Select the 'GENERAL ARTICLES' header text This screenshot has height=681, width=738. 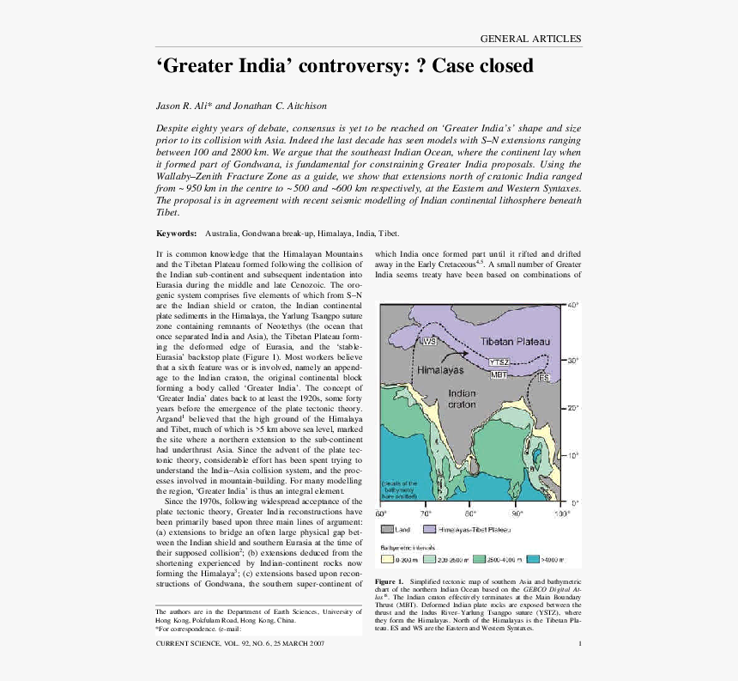coord(530,39)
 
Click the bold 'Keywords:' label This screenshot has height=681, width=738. coord(176,234)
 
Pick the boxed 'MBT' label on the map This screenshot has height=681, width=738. coord(499,374)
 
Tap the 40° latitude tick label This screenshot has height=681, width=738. coord(573,305)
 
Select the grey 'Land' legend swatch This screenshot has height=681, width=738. coord(387,530)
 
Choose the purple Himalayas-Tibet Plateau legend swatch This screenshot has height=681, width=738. coord(430,530)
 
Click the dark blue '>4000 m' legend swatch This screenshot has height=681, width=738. coord(531,558)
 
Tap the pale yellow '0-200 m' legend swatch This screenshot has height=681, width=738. coord(385,558)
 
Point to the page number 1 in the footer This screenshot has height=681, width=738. coord(580,644)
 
